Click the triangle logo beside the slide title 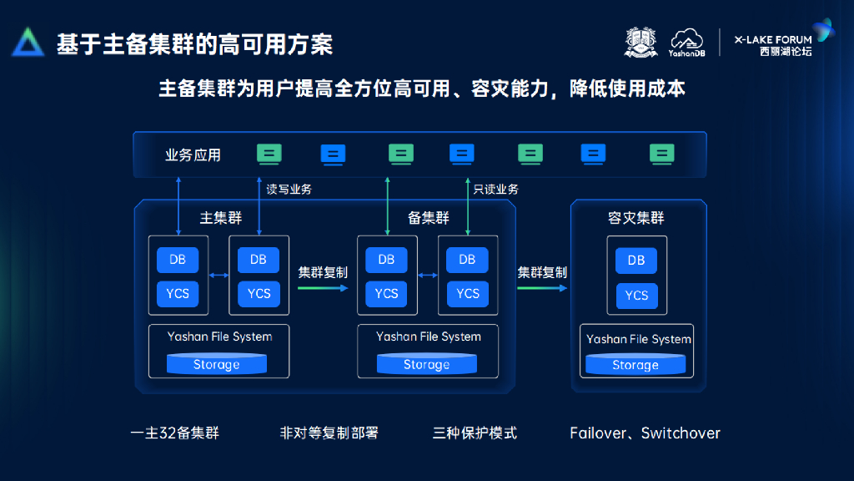click(28, 43)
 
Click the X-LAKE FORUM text click(772, 39)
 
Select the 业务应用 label click(193, 154)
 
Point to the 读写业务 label click(289, 190)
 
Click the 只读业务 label click(495, 190)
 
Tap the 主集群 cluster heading click(221, 218)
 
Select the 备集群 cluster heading click(429, 218)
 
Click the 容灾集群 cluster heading click(636, 218)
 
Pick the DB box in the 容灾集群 click(636, 261)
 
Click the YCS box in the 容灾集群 click(636, 296)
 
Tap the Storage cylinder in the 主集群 click(217, 364)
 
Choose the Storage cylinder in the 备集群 click(426, 364)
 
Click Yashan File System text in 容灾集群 click(639, 339)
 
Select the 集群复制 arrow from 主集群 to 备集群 click(323, 288)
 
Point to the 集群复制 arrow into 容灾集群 click(542, 288)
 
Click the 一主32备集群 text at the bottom click(175, 433)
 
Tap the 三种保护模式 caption click(475, 433)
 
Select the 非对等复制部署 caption click(329, 433)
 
